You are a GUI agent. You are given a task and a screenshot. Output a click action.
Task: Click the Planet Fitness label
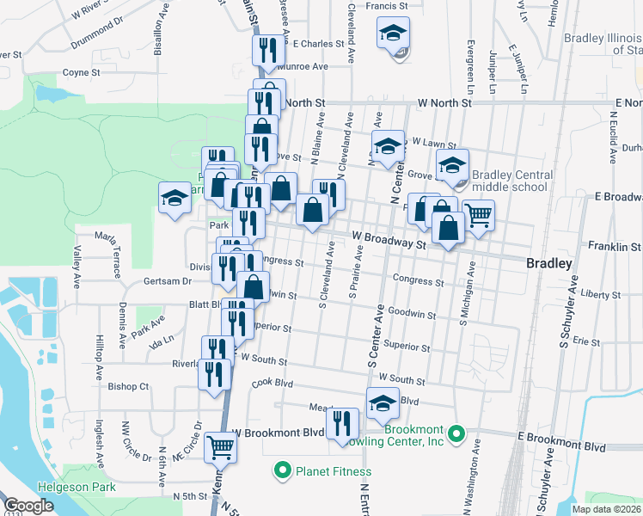[334, 471]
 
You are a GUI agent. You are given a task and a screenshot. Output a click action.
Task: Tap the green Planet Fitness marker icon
[281, 470]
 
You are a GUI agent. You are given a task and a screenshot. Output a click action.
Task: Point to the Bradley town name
[548, 264]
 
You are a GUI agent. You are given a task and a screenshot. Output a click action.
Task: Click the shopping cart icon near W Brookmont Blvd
[221, 446]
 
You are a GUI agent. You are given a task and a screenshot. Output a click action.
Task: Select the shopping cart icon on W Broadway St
[478, 213]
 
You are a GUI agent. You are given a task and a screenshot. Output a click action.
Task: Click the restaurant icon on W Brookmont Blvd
[344, 422]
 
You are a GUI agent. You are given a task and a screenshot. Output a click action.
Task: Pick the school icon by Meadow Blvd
[383, 402]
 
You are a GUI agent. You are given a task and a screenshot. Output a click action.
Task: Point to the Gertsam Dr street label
[166, 281]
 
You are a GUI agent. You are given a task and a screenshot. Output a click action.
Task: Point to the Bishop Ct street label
[129, 387]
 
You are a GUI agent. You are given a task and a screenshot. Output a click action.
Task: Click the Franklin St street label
[615, 247]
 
